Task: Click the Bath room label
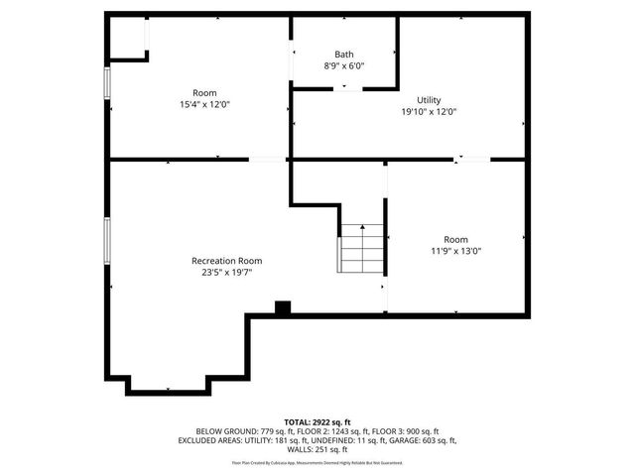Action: pos(344,55)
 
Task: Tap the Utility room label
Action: pos(429,100)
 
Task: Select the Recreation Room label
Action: pos(226,261)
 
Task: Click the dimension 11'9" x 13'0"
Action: pos(455,251)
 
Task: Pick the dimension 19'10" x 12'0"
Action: pos(429,112)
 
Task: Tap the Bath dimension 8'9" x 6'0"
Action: pos(344,66)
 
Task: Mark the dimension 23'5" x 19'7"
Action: pos(226,273)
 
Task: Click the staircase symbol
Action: pos(362,248)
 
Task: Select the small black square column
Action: pos(282,308)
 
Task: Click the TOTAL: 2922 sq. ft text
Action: pos(317,422)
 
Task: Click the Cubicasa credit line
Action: pos(317,462)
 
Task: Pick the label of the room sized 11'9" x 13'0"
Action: pos(455,239)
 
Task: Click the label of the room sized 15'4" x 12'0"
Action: pos(204,93)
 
